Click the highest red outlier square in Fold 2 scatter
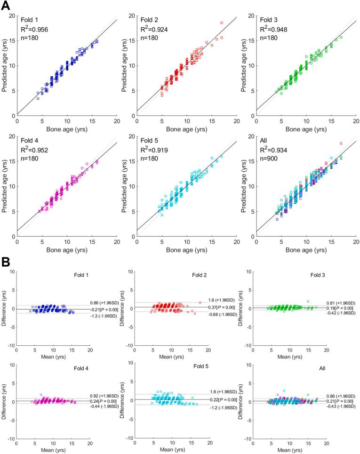pos(221,23)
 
